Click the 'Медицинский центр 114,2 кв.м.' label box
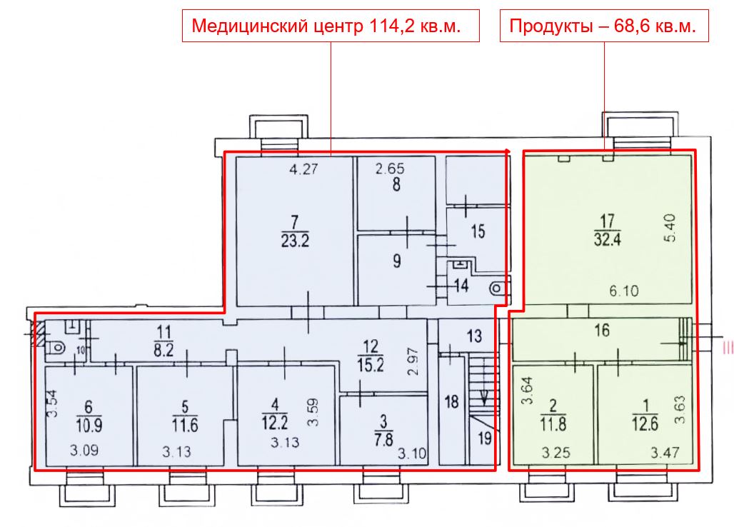(331, 26)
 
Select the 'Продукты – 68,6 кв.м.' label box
(604, 26)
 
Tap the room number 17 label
(607, 221)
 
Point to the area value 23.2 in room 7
(295, 241)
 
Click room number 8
(396, 184)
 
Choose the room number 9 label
(397, 261)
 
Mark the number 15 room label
(478, 231)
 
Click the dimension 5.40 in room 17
(670, 228)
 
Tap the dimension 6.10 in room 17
(624, 291)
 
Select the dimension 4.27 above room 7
(303, 169)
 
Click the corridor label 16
(602, 331)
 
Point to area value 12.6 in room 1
(645, 424)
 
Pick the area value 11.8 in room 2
(553, 425)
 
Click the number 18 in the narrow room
(451, 401)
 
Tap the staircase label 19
(485, 438)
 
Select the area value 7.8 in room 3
(383, 439)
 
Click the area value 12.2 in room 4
(275, 423)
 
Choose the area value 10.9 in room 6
(89, 425)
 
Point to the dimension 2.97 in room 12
(413, 362)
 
